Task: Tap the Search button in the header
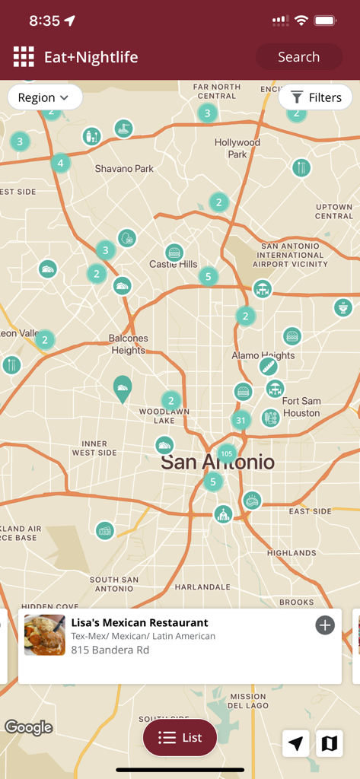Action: (298, 57)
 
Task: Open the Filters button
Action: (315, 97)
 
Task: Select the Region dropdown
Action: (44, 97)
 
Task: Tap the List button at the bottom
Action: (180, 737)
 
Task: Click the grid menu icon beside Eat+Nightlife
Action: (24, 57)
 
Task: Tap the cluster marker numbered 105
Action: (226, 453)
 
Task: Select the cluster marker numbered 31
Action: (241, 420)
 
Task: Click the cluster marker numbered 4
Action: (61, 163)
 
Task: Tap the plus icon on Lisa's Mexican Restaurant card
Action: (325, 625)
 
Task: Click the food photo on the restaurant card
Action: (45, 635)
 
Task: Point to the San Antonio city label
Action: (217, 462)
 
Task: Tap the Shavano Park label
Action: (124, 168)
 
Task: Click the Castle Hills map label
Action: (174, 264)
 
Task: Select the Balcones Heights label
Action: (128, 344)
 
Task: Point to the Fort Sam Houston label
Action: (301, 407)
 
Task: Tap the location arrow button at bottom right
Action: (296, 743)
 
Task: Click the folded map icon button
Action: (330, 743)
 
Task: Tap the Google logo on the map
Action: (29, 727)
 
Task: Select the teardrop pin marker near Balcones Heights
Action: (123, 388)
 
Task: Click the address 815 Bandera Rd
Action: (110, 650)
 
